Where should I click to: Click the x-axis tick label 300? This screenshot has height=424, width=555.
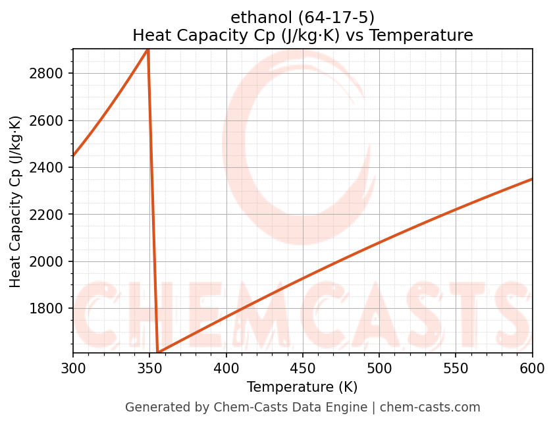pyautogui.click(x=73, y=368)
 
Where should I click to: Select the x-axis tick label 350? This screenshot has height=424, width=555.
pyautogui.click(x=149, y=368)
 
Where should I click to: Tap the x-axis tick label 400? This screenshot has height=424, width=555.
pyautogui.click(x=226, y=368)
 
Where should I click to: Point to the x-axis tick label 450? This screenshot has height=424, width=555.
pyautogui.click(x=303, y=368)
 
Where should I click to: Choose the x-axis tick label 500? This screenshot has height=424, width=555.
pyautogui.click(x=379, y=368)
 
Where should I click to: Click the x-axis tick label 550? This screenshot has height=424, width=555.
pyautogui.click(x=456, y=368)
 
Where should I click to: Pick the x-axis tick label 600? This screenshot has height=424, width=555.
pyautogui.click(x=532, y=368)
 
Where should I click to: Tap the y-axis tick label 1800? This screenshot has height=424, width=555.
pyautogui.click(x=47, y=309)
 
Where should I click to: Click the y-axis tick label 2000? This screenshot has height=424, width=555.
pyautogui.click(x=47, y=262)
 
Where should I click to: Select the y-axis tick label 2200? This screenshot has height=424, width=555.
pyautogui.click(x=47, y=215)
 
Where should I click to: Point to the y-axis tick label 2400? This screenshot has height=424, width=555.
pyautogui.click(x=47, y=168)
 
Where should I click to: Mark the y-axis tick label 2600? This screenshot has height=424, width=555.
pyautogui.click(x=47, y=120)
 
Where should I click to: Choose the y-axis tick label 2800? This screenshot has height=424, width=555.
pyautogui.click(x=47, y=74)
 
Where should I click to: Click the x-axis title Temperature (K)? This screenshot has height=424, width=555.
pyautogui.click(x=302, y=387)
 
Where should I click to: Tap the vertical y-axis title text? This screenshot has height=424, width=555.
pyautogui.click(x=16, y=201)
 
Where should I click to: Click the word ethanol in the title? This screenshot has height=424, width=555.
pyautogui.click(x=257, y=18)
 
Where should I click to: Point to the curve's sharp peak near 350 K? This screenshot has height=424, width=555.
pyautogui.click(x=148, y=49)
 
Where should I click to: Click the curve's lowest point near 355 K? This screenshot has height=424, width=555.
pyautogui.click(x=158, y=352)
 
